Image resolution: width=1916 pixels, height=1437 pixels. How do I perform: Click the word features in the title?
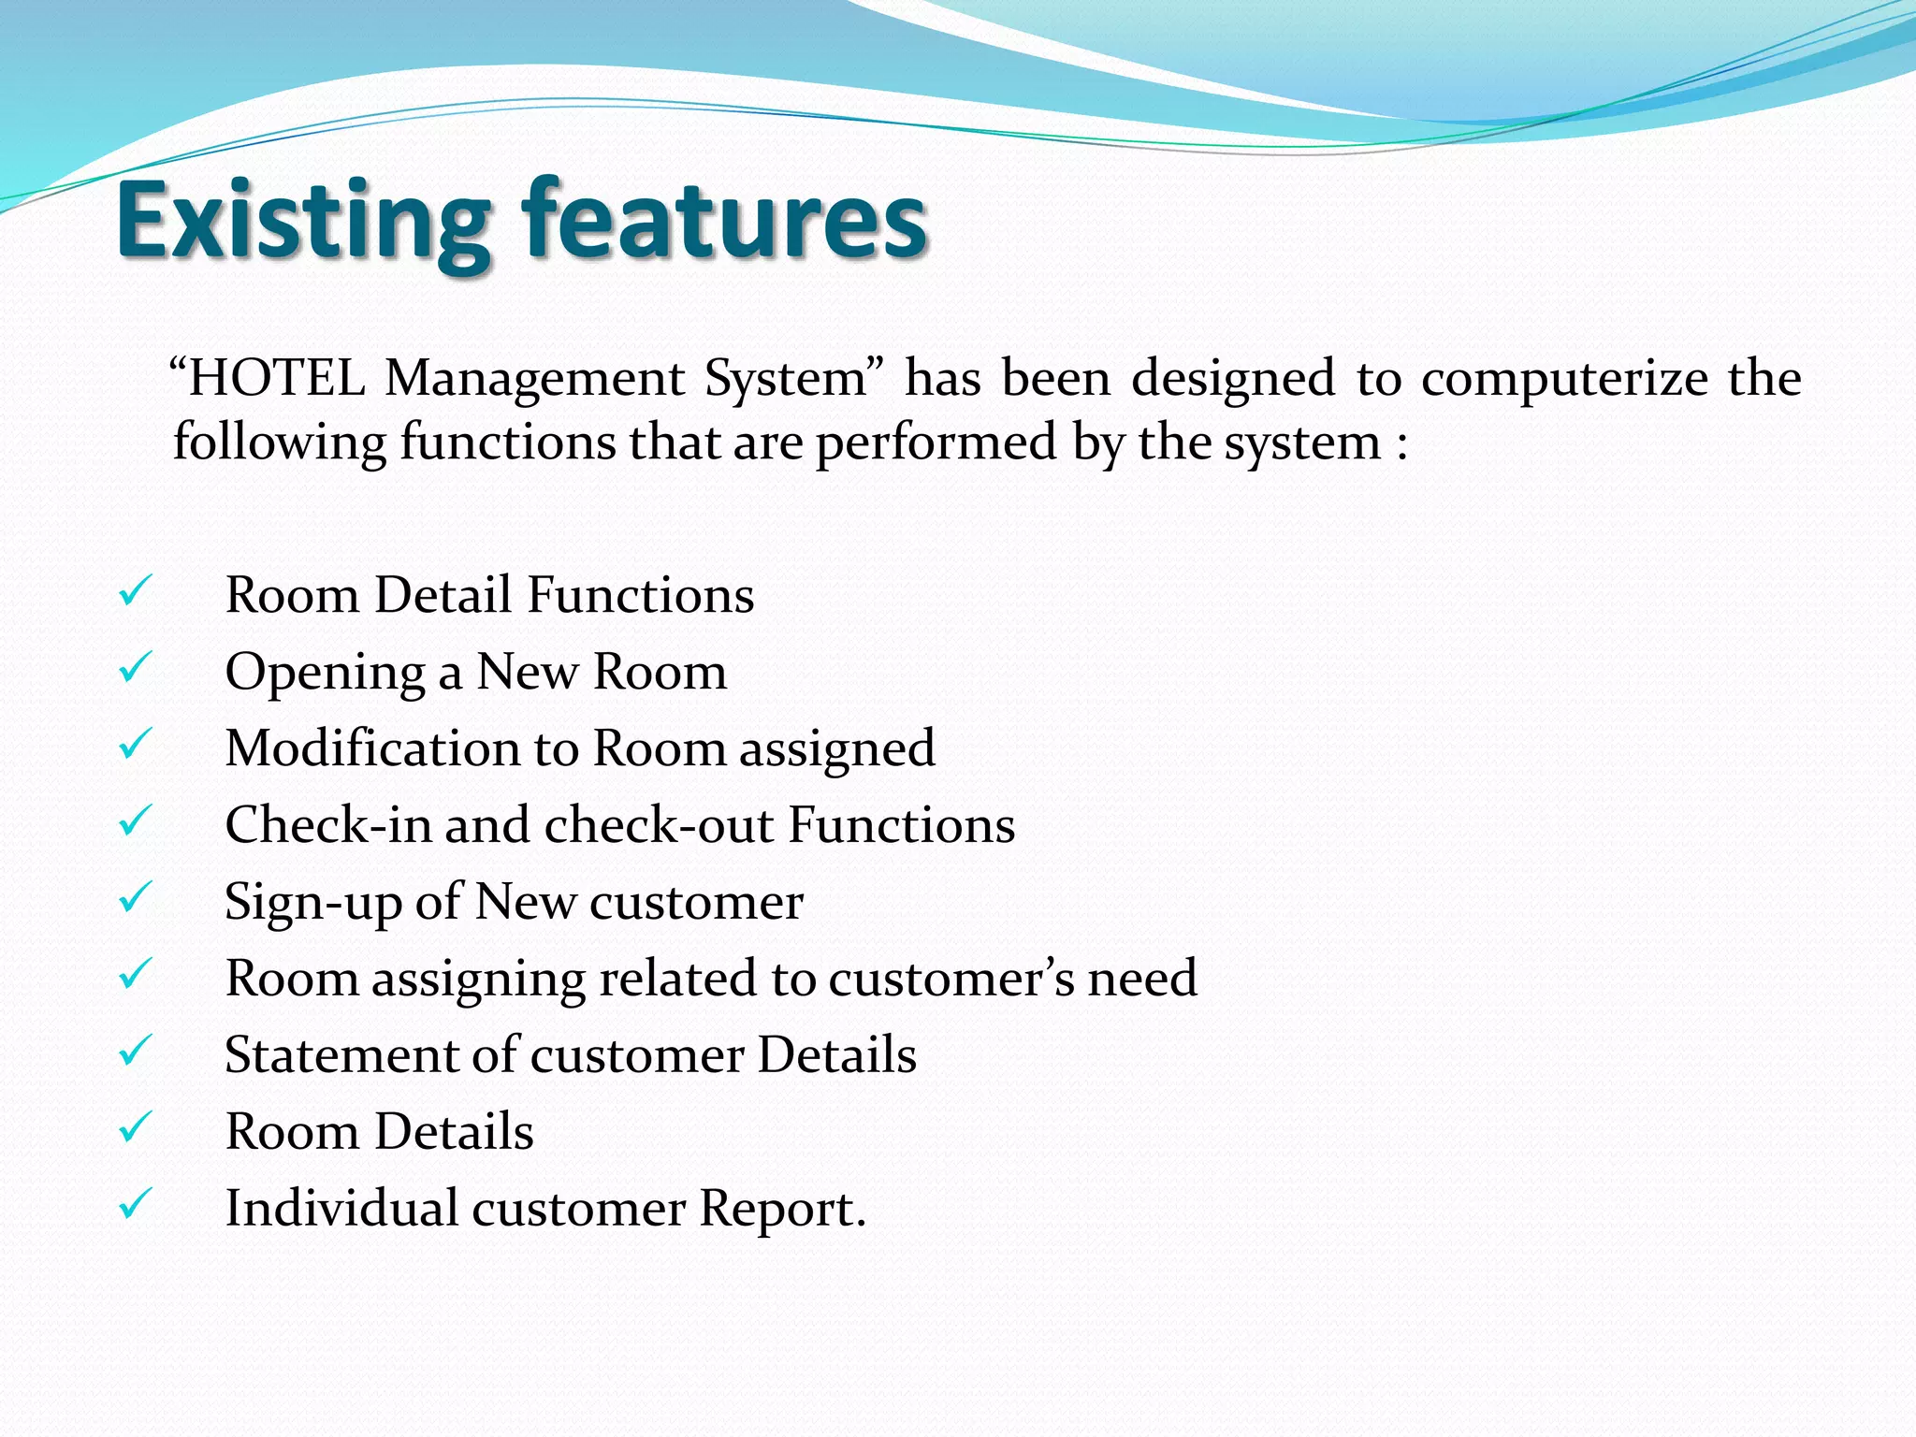point(724,221)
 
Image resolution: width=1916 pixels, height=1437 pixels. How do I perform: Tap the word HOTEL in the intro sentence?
point(275,379)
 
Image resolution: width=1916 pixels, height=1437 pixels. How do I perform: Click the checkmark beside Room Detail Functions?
point(135,592)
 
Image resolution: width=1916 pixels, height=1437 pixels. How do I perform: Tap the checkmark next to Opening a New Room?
point(135,669)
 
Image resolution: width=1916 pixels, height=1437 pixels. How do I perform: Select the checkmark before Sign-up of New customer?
point(135,899)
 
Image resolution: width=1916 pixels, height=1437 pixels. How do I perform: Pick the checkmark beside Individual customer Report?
point(135,1205)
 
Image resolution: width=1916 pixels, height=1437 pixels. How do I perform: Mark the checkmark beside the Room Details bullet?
point(135,1129)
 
